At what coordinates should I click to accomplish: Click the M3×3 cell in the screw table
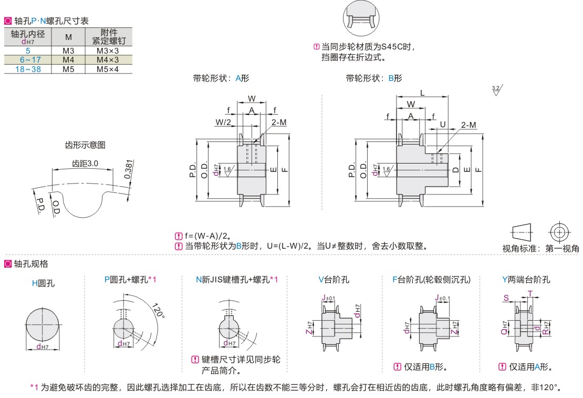pyautogui.click(x=108, y=51)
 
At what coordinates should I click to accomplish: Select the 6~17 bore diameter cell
pyautogui.click(x=28, y=60)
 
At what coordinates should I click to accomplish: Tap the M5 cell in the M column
pyautogui.click(x=68, y=69)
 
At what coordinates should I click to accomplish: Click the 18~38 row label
pyautogui.click(x=28, y=69)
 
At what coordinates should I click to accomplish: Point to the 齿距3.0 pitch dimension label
pyautogui.click(x=85, y=164)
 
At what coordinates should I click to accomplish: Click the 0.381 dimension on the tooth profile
pyautogui.click(x=128, y=169)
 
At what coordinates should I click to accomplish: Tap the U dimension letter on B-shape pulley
pyautogui.click(x=443, y=125)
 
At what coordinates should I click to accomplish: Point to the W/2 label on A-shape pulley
pyautogui.click(x=223, y=122)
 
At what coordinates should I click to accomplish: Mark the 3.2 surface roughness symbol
pyautogui.click(x=496, y=90)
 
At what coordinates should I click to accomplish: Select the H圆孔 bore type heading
pyautogui.click(x=43, y=283)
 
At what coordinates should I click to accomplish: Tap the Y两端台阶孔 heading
pyautogui.click(x=526, y=280)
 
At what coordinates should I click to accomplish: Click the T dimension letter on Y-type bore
pyautogui.click(x=530, y=293)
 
